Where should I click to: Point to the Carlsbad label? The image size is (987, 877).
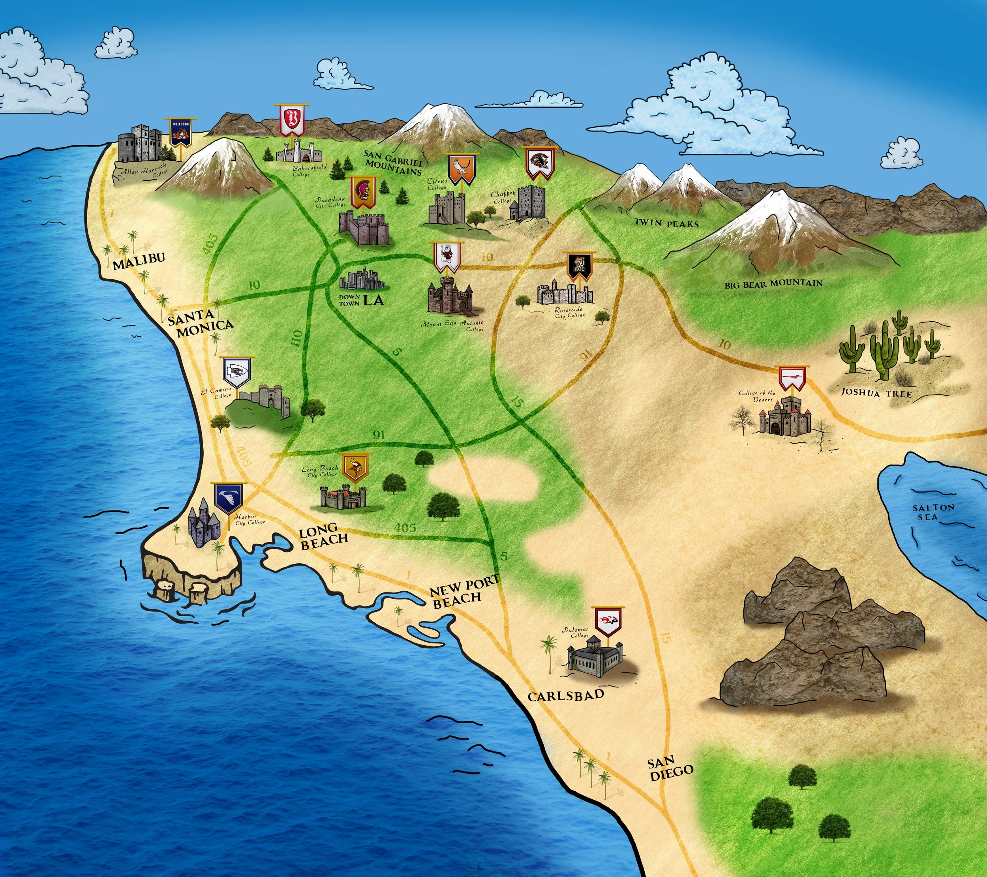pyautogui.click(x=565, y=695)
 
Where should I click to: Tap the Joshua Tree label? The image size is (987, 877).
pyautogui.click(x=876, y=394)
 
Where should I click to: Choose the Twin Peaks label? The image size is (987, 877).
pyautogui.click(x=666, y=223)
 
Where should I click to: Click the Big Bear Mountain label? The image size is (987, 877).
pyautogui.click(x=773, y=284)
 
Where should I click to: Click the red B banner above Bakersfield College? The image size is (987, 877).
pyautogui.click(x=292, y=120)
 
